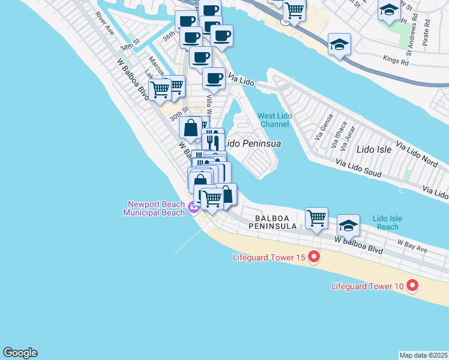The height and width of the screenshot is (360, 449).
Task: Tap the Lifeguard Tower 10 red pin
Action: click(412, 286)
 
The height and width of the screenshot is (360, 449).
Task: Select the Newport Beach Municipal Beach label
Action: click(154, 208)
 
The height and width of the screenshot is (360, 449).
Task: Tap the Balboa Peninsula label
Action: click(276, 222)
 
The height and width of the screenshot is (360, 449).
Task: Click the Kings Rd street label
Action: click(396, 62)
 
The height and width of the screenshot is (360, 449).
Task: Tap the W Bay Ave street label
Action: click(412, 245)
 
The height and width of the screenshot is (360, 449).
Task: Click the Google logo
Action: click(20, 353)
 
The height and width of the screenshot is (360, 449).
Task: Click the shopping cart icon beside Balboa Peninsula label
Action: click(316, 218)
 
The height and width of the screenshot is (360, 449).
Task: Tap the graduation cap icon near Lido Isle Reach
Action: click(348, 225)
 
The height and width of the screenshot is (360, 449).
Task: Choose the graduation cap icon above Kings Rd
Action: click(339, 44)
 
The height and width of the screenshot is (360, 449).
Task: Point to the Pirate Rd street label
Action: click(427, 33)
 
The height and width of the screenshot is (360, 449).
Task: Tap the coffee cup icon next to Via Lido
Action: click(213, 77)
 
